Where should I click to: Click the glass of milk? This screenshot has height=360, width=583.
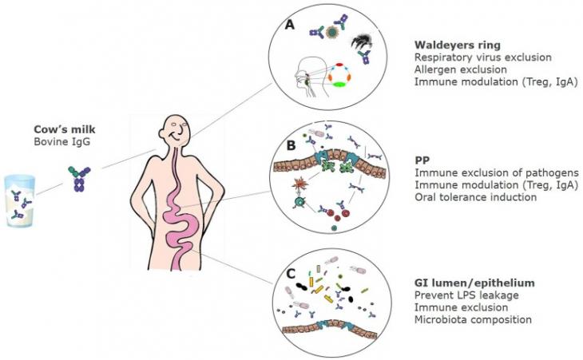[x=20, y=200]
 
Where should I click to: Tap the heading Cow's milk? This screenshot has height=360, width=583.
[x=65, y=129]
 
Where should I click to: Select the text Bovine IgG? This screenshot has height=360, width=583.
[x=61, y=141]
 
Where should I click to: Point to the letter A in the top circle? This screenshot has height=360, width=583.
[x=289, y=25]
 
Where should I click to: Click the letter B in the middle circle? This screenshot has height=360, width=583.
[x=291, y=145]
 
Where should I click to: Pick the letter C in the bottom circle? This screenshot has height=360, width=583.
[x=291, y=274]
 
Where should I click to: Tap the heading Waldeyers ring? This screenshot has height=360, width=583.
[x=458, y=45]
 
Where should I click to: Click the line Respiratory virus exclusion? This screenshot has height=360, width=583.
[x=482, y=57]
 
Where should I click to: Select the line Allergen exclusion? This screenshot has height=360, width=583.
[x=460, y=69]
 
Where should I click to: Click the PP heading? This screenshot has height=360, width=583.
[x=422, y=160]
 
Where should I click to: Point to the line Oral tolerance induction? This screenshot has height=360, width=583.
[x=475, y=196]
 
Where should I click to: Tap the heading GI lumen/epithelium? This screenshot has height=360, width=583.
[x=474, y=283]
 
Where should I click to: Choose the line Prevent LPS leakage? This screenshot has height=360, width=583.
[x=466, y=295]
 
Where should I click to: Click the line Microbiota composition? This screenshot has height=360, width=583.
[x=473, y=319]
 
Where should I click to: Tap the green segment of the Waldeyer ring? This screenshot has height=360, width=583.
[x=339, y=85]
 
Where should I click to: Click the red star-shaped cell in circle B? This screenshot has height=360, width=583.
[x=298, y=184]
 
